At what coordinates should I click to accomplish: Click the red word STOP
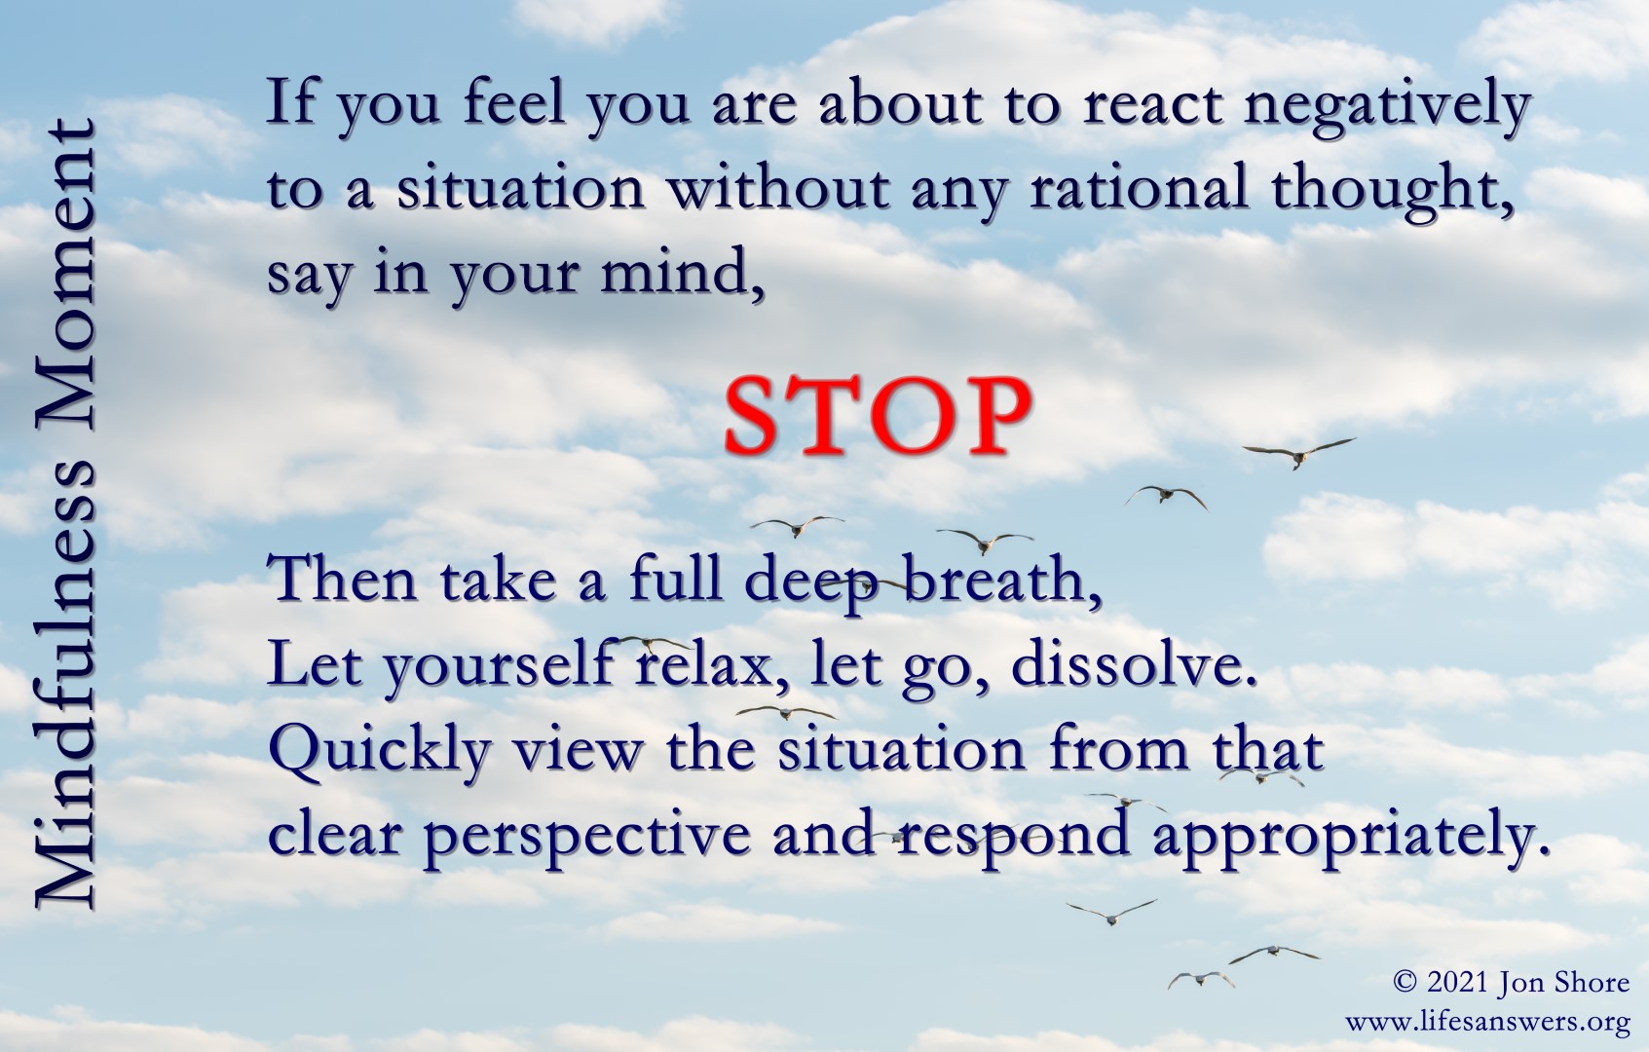pyautogui.click(x=878, y=416)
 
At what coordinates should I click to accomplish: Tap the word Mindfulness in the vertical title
pyautogui.click(x=65, y=686)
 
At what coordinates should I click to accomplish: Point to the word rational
pyautogui.click(x=1139, y=188)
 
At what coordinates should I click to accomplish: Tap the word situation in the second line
pyautogui.click(x=520, y=187)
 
